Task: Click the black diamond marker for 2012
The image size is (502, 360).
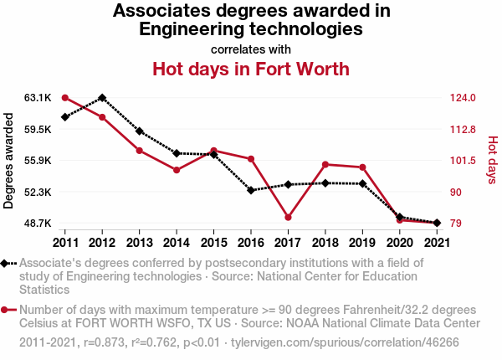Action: (102, 98)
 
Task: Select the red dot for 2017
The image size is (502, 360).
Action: (288, 218)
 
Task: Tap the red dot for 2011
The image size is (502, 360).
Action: (65, 98)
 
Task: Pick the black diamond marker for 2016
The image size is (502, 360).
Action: (251, 190)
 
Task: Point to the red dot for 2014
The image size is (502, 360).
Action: (177, 170)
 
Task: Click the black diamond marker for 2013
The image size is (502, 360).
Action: (140, 131)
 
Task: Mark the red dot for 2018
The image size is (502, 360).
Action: (325, 164)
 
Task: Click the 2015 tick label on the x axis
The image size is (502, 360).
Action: (213, 243)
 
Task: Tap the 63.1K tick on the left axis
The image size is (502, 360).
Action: (38, 98)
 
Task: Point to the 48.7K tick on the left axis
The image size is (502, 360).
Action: (38, 224)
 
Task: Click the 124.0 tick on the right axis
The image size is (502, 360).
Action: (463, 98)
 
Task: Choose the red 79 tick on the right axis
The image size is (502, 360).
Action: (456, 224)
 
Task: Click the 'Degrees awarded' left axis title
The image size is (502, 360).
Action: (9, 161)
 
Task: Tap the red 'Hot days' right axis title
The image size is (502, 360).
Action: (493, 161)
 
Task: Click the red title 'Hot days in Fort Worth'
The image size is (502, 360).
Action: (251, 68)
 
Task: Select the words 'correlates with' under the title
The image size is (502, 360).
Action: (251, 49)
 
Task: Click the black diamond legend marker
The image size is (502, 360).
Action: (5, 263)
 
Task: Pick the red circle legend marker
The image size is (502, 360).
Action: (5, 310)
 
